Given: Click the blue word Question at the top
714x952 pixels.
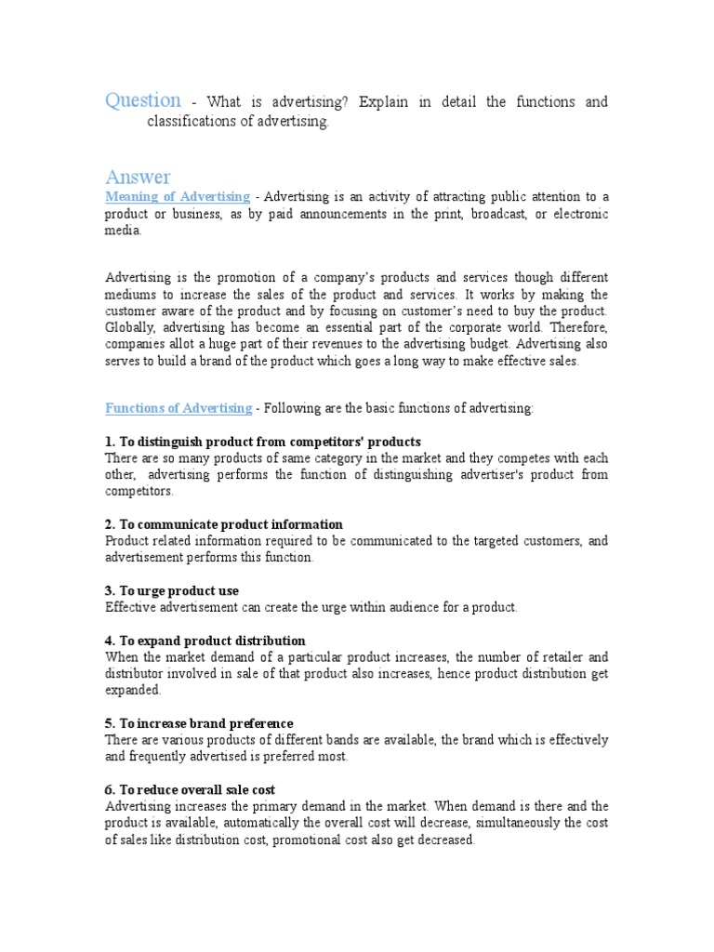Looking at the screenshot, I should [x=143, y=100].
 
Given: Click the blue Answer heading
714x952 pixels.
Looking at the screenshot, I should [x=138, y=177].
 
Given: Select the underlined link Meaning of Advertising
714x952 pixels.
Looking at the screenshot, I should [x=178, y=197].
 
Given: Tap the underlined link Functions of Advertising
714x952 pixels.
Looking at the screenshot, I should [x=178, y=408].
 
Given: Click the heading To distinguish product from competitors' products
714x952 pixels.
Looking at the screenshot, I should [x=263, y=442].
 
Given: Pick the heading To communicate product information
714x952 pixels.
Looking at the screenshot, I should [x=224, y=524].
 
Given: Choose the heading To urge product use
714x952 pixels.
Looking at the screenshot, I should [x=172, y=590].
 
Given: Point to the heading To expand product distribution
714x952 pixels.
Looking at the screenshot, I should [x=205, y=641].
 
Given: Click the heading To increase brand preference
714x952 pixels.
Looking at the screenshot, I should [x=199, y=723].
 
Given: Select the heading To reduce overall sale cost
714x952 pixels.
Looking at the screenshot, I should [x=191, y=789].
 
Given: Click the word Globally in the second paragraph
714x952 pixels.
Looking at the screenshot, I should [x=129, y=327].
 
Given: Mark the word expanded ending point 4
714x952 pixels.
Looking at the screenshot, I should [x=133, y=691].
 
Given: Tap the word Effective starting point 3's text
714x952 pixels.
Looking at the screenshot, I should [x=132, y=607].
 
